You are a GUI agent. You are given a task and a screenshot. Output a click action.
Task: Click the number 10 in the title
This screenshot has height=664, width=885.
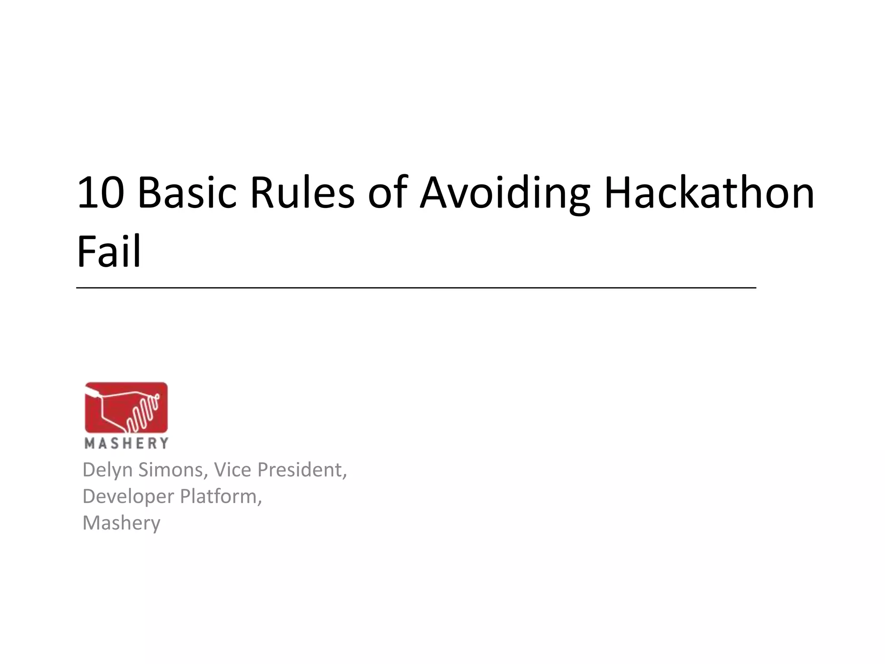coord(100,193)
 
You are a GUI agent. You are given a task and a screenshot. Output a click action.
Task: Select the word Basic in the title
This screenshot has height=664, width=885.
coord(187,193)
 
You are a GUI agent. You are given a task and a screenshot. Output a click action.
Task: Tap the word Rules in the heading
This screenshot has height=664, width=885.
coord(302,193)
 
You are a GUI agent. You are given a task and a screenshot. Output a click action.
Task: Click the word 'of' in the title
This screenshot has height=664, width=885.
coord(388,193)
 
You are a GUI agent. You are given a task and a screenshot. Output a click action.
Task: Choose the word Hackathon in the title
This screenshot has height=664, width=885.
coord(709,193)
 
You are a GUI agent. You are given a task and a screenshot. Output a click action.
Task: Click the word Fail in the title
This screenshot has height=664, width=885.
coord(109,252)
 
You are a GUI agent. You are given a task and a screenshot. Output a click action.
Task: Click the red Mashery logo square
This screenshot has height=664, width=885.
coord(126,407)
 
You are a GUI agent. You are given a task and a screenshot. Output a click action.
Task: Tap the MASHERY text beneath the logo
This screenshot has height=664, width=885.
coord(126,443)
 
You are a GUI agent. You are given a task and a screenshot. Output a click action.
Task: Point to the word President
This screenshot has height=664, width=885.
coord(302,469)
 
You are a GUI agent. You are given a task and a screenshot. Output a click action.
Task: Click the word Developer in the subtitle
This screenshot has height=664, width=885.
coord(128,497)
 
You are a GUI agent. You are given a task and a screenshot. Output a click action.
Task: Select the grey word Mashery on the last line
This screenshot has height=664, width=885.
coord(121,524)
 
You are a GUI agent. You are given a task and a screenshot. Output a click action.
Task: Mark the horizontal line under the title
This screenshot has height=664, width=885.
coord(416,287)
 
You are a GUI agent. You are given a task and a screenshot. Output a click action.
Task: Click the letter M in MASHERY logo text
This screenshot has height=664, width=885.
coord(89,443)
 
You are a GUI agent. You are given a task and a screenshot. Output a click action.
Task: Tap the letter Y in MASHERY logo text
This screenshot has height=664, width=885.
coord(163,443)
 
